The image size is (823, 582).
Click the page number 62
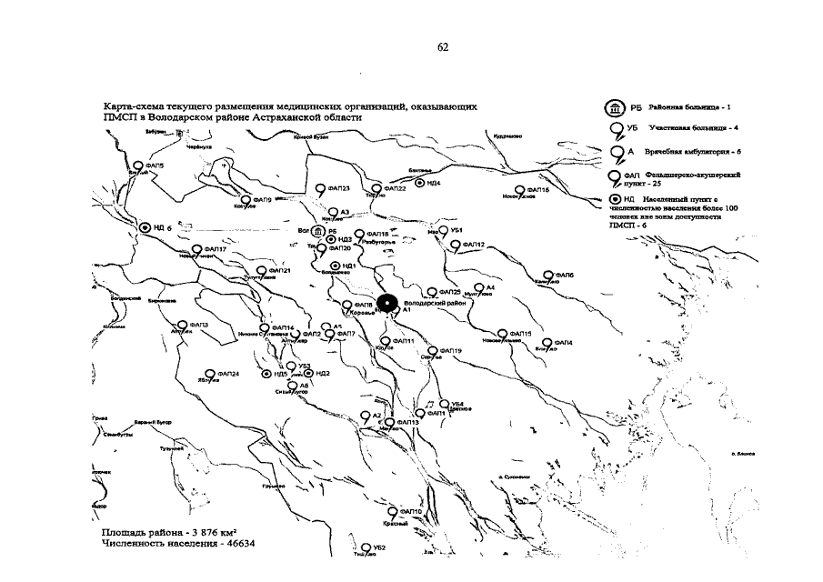click(443, 46)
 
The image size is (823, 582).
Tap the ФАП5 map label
click(156, 166)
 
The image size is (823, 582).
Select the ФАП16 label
click(537, 189)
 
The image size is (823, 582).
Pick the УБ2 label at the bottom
click(379, 547)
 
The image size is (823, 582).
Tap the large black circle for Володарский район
click(386, 304)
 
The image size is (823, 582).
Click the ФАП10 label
click(411, 512)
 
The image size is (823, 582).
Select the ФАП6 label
click(564, 274)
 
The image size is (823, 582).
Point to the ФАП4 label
click(563, 342)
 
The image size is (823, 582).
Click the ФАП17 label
click(216, 249)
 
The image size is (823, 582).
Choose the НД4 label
click(434, 183)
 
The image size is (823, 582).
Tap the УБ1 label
click(457, 230)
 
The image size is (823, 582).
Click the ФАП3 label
click(198, 325)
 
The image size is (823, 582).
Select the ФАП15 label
click(520, 334)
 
